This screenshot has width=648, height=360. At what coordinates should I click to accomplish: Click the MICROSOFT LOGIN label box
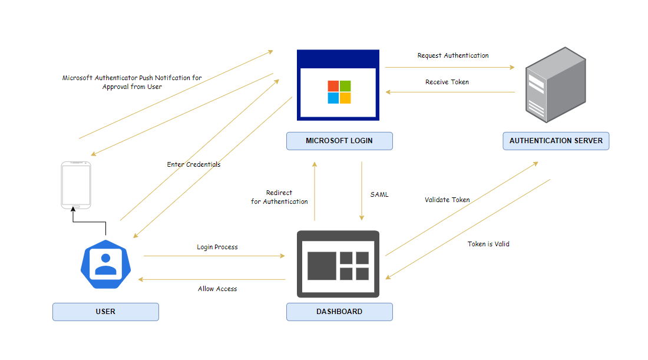339,141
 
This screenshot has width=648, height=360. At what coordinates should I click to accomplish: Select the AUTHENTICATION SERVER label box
556,141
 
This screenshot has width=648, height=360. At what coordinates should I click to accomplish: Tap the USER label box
105,311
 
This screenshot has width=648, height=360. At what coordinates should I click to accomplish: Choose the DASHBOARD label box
339,311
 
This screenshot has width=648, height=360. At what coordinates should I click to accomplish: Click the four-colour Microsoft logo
339,92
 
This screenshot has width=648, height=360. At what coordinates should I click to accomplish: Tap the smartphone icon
76,185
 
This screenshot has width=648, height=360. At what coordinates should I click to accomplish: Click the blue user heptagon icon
105,264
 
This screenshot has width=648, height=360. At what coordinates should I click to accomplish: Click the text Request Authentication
452,55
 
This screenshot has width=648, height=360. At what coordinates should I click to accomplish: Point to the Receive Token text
447,82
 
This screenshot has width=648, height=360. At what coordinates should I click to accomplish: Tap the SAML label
379,194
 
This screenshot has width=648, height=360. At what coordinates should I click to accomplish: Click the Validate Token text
447,200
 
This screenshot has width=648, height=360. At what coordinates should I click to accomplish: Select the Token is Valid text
488,243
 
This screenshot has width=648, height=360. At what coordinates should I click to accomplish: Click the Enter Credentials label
193,164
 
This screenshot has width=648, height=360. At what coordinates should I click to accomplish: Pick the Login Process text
217,247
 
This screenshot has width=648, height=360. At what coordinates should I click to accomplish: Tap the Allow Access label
217,289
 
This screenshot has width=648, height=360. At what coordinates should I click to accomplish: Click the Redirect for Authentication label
279,197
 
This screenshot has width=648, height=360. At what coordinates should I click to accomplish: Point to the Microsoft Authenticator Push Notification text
132,82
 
